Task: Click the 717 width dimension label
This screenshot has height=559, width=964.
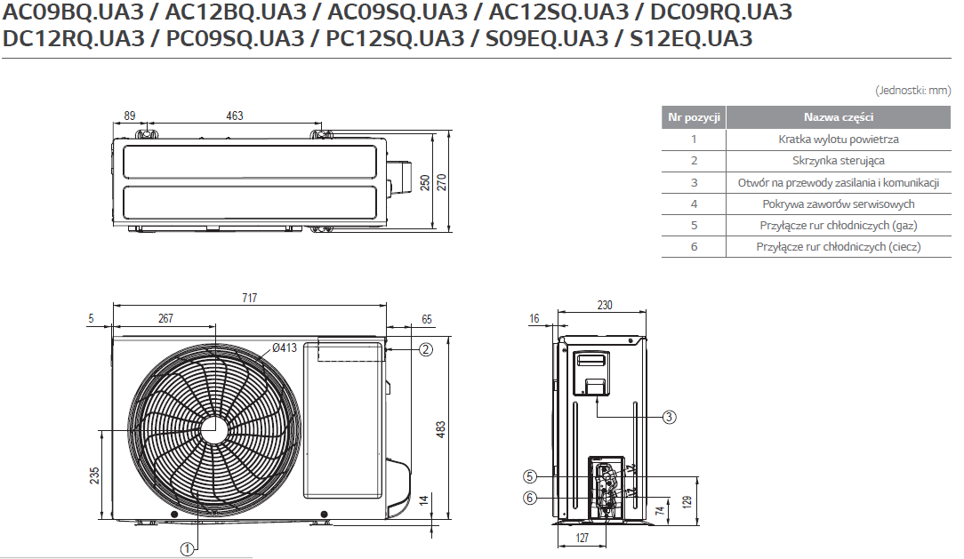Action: [x=250, y=298]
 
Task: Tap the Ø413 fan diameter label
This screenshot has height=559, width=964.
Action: [x=285, y=347]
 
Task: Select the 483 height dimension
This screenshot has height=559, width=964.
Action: [x=441, y=429]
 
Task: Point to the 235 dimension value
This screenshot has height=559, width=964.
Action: [x=94, y=475]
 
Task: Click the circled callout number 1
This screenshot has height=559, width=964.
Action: [x=187, y=548]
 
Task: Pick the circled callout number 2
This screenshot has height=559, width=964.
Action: [x=425, y=349]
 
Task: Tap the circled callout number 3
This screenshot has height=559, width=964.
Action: [x=669, y=417]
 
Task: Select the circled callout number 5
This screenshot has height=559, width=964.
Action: [x=530, y=476]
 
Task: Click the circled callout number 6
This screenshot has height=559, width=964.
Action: [x=530, y=498]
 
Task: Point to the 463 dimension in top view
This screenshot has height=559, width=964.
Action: [x=235, y=116]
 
